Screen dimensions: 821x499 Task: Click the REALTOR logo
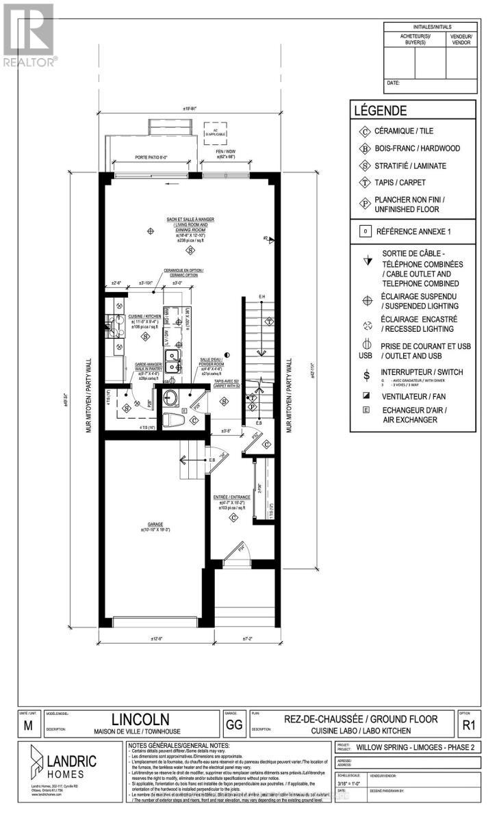point(28,34)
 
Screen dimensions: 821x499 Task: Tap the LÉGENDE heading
point(381,110)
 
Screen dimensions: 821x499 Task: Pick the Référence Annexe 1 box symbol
point(366,231)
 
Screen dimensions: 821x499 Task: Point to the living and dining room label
point(183,224)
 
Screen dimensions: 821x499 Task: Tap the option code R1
point(470,725)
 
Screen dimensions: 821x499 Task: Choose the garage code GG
point(233,725)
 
